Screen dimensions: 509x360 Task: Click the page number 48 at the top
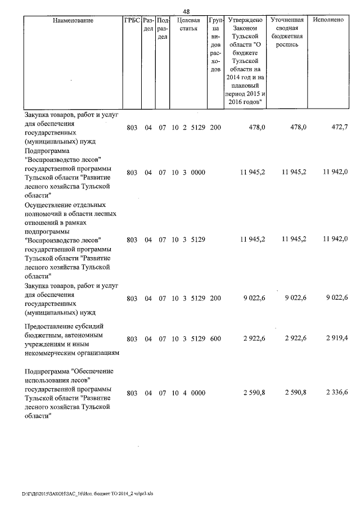[186, 11]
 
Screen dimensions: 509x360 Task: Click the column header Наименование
[73, 21]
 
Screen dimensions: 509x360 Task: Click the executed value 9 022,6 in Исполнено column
[336, 299]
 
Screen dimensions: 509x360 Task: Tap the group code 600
[215, 339]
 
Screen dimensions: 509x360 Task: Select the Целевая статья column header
[188, 25]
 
